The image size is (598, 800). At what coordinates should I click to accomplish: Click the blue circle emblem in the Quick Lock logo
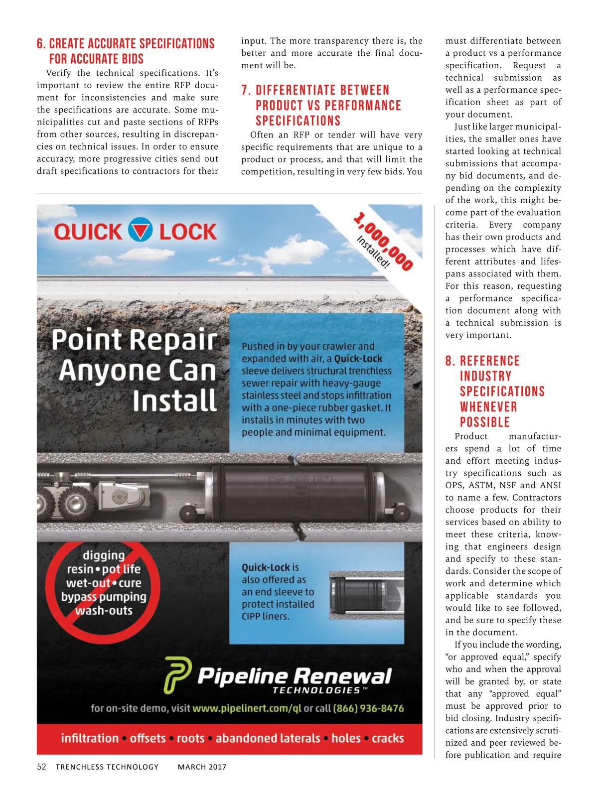(140, 230)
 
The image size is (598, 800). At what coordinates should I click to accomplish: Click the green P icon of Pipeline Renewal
(178, 675)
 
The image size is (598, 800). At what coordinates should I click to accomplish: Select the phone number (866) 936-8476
(368, 708)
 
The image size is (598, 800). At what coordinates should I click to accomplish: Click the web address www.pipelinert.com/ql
(247, 708)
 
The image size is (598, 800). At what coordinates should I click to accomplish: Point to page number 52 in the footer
(41, 767)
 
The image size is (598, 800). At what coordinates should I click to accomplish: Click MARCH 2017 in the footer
(202, 767)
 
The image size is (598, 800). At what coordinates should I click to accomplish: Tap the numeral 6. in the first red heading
(41, 44)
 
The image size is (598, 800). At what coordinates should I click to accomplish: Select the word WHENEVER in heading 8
(488, 407)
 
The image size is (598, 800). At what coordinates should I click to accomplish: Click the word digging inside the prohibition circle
(104, 555)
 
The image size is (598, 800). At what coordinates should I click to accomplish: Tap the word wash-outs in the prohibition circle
(104, 610)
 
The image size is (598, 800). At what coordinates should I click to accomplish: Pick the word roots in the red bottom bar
(190, 738)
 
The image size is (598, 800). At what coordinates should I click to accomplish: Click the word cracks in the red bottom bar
(388, 738)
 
